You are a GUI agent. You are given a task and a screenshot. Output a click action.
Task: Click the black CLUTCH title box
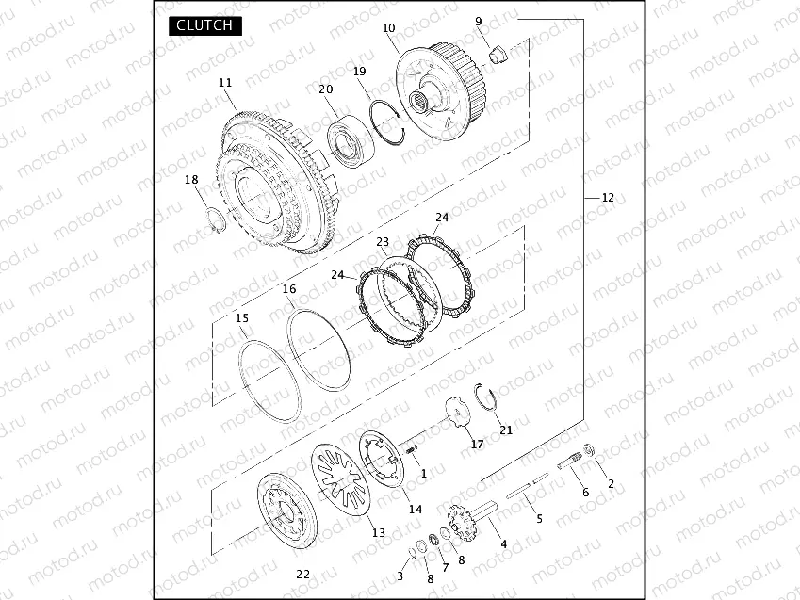pyautogui.click(x=205, y=25)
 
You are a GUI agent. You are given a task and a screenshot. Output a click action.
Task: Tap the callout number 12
pyautogui.click(x=608, y=198)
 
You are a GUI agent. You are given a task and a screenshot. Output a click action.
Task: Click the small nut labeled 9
pyautogui.click(x=498, y=54)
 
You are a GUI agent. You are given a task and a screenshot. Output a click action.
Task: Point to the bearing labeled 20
pyautogui.click(x=351, y=141)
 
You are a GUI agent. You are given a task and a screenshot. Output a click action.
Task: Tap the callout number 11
pyautogui.click(x=225, y=83)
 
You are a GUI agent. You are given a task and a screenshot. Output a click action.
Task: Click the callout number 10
pyautogui.click(x=389, y=28)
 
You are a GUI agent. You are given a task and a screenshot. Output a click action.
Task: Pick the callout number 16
pyautogui.click(x=289, y=289)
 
